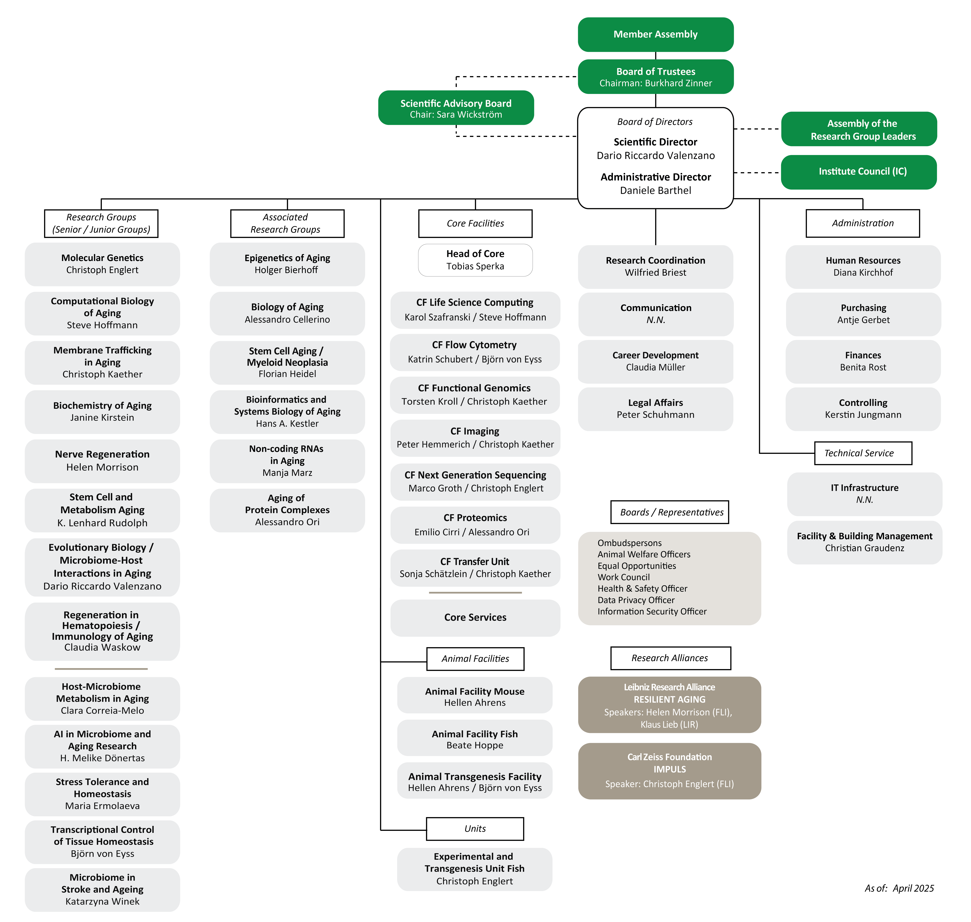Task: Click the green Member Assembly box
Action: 655,34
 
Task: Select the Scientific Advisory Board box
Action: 456,108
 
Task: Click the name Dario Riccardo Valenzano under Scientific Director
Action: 655,155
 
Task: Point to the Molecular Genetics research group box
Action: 102,264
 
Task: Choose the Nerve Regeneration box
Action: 102,461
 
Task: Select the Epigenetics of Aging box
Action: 287,264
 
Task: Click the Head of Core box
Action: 475,260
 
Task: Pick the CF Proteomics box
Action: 475,525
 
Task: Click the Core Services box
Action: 475,618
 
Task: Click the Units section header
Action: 475,829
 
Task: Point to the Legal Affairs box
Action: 655,409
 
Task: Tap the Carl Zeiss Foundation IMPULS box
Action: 669,771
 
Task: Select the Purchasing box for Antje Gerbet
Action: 863,314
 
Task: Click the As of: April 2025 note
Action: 899,888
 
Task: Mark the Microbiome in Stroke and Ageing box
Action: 102,890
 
